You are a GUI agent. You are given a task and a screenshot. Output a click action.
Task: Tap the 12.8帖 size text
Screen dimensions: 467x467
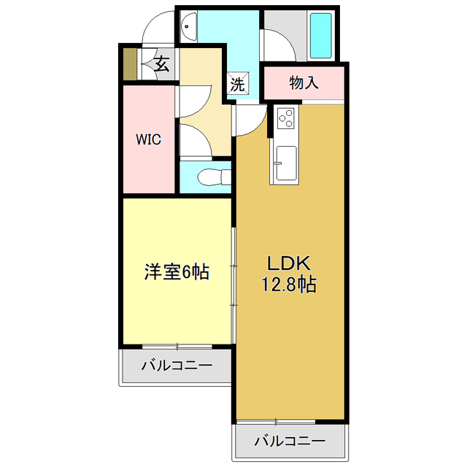[x=289, y=285]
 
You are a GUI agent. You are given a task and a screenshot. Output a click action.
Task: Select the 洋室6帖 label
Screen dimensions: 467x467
[x=177, y=272]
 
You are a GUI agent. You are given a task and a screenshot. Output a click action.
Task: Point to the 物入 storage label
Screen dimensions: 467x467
[x=303, y=82]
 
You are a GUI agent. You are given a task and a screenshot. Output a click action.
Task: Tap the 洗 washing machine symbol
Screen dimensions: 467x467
[x=238, y=84]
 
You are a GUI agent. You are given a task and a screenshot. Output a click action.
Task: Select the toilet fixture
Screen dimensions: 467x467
[x=212, y=177]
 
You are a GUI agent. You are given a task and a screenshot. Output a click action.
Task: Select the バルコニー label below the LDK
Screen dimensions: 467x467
[x=290, y=441]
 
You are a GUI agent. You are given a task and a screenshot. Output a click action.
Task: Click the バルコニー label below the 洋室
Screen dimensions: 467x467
[x=177, y=365]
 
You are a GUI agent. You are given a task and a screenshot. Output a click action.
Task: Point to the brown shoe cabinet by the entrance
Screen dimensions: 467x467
[x=129, y=63]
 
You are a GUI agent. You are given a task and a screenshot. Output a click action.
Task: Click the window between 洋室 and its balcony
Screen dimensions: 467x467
[x=177, y=345]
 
